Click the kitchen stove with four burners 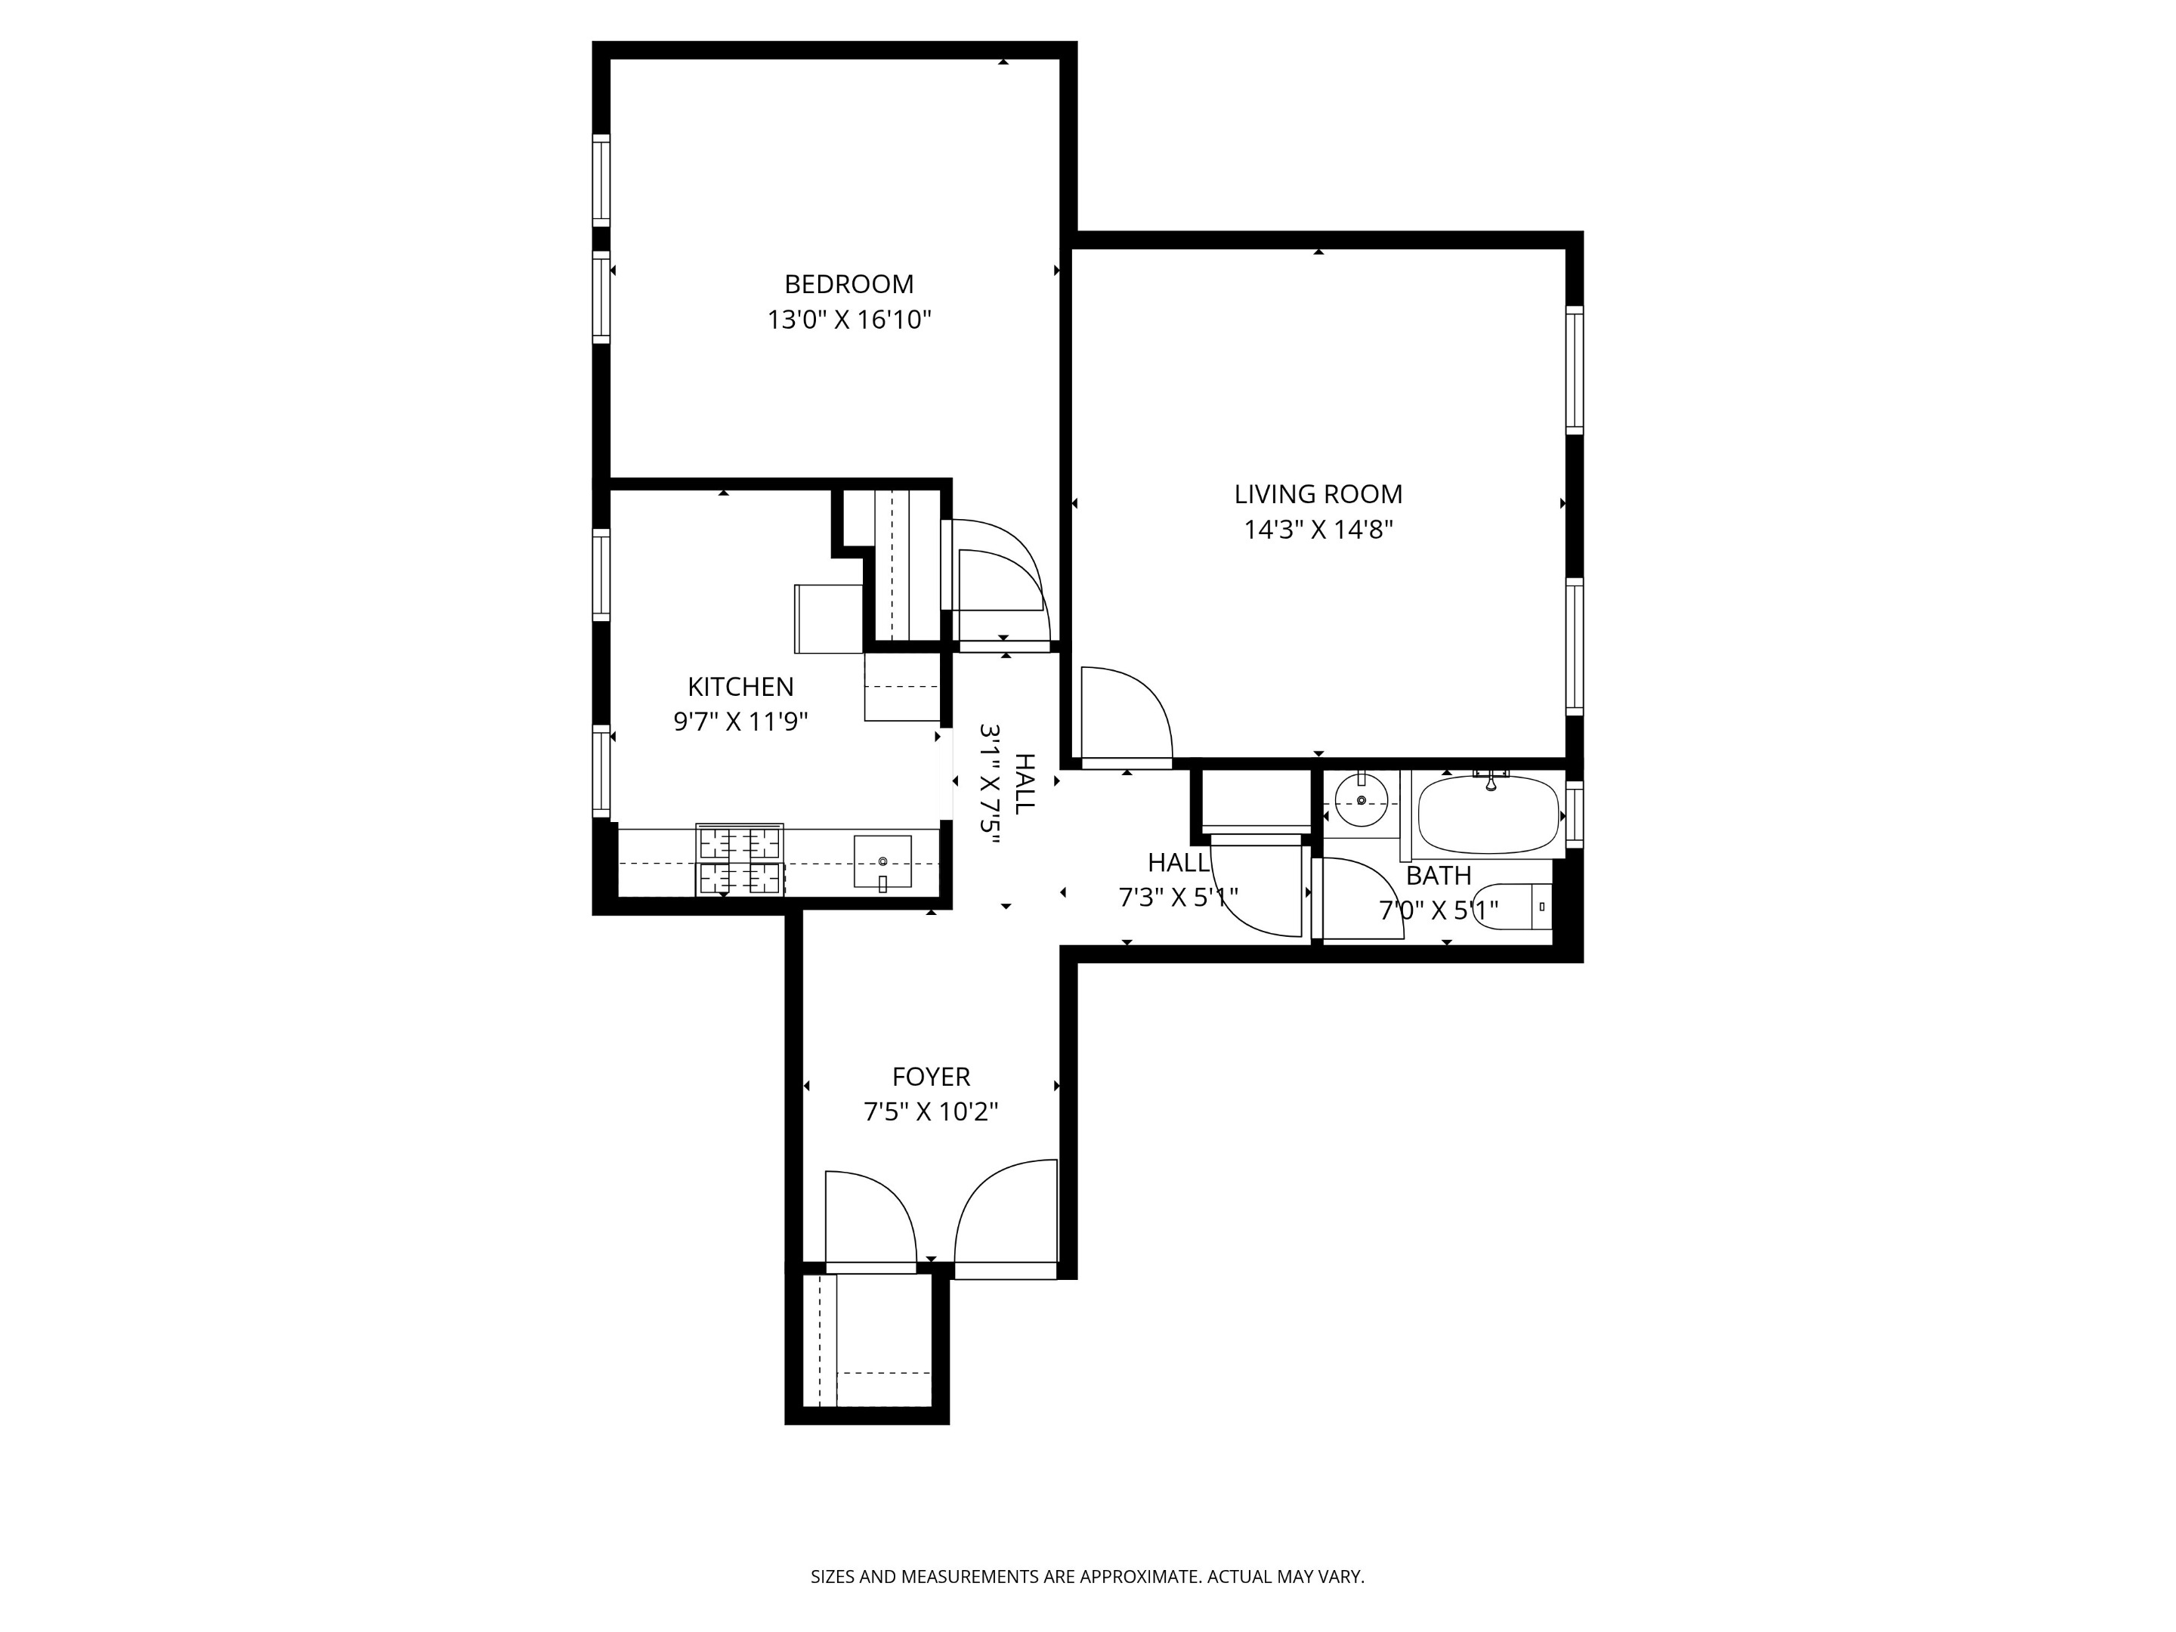click(x=740, y=860)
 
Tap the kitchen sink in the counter click(x=882, y=862)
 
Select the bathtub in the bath click(x=1488, y=815)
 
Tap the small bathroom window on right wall click(x=1573, y=814)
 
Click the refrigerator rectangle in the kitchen click(x=828, y=618)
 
